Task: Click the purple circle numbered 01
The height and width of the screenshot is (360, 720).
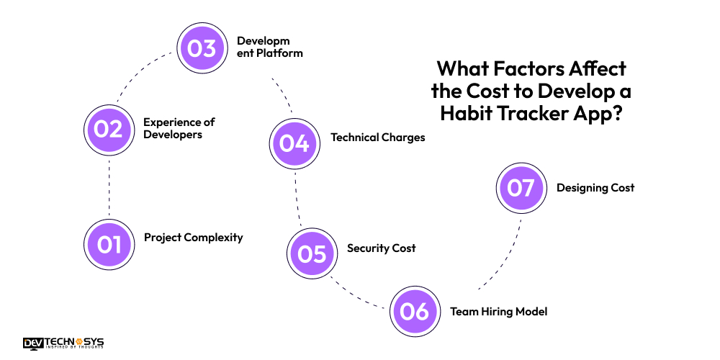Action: tap(109, 244)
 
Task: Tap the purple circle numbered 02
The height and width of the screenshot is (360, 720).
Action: tap(109, 130)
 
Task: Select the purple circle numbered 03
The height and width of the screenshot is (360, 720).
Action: tap(202, 48)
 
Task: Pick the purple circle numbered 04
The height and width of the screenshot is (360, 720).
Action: tap(294, 143)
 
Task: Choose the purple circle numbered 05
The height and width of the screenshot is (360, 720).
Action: tap(312, 253)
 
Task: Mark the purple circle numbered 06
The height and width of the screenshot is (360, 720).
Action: tap(415, 311)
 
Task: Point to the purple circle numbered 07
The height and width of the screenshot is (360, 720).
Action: tap(521, 188)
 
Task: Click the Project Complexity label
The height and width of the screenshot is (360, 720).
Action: tap(193, 238)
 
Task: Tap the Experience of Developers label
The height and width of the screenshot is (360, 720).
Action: tap(179, 128)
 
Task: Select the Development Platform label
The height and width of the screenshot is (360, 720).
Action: tap(269, 47)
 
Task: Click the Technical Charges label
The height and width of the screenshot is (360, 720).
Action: tap(377, 137)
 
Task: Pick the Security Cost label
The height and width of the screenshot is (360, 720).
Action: tap(381, 248)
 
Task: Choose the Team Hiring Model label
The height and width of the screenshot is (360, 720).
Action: tap(498, 312)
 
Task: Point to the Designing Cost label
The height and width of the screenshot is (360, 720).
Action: tap(595, 188)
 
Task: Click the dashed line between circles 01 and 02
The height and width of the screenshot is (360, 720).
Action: tap(109, 187)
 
